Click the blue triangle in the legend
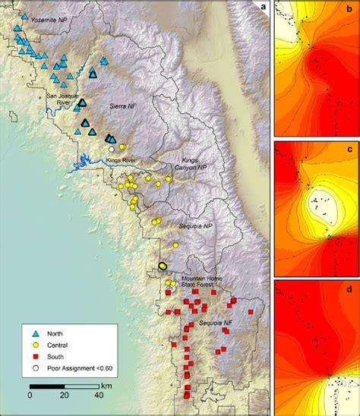click(36, 334)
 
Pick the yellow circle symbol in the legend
click(36, 345)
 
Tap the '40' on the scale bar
click(99, 396)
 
